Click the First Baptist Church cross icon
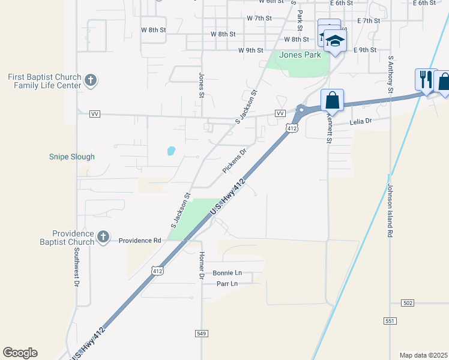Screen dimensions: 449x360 (x=91, y=80)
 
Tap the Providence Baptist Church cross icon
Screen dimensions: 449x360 (x=103, y=237)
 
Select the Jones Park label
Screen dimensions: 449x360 (x=300, y=55)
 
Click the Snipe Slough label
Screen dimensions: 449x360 (x=71, y=157)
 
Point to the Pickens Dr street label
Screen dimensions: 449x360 (x=235, y=161)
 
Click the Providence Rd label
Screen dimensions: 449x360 (x=140, y=241)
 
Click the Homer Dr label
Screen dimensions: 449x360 (x=202, y=265)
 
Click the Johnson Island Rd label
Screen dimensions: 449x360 (x=390, y=210)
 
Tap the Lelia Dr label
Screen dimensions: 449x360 (x=361, y=121)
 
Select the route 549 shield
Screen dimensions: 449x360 (x=202, y=333)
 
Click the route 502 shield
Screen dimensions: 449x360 (x=408, y=303)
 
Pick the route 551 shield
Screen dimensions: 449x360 (x=390, y=321)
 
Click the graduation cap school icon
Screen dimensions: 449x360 (x=335, y=41)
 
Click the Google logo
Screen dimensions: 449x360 (x=20, y=353)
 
